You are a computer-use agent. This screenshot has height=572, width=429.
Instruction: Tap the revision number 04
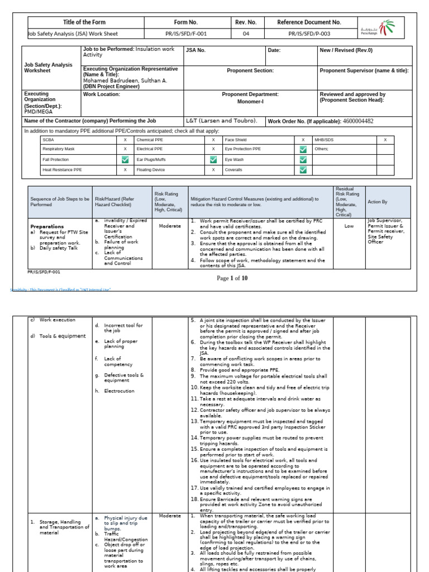[x=246, y=34]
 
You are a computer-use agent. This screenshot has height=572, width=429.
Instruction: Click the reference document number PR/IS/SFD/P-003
[x=309, y=34]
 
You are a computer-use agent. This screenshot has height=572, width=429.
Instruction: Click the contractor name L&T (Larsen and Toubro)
[x=222, y=121]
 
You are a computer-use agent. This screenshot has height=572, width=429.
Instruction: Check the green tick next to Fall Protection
[x=125, y=160]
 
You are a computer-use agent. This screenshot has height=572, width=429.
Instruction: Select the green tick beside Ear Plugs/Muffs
[x=213, y=160]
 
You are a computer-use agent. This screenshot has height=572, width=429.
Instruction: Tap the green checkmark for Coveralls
[x=303, y=170]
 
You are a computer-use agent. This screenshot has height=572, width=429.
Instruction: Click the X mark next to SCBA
[x=125, y=140]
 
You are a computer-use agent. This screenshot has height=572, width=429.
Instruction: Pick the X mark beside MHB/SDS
[x=385, y=140]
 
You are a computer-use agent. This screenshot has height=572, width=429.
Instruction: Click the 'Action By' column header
[x=378, y=202]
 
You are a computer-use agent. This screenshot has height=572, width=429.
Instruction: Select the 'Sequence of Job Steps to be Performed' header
[x=59, y=202]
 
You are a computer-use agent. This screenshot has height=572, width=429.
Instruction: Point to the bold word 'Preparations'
[x=47, y=227]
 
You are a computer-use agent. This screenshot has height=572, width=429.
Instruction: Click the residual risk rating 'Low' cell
[x=349, y=227]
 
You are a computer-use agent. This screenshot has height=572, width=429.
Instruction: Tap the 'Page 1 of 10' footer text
[x=231, y=278]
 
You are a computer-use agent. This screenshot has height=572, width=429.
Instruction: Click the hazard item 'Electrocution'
[x=119, y=391]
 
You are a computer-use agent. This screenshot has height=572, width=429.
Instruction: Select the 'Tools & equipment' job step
[x=63, y=336]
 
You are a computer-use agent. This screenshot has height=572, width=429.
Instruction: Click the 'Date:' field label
[x=274, y=50]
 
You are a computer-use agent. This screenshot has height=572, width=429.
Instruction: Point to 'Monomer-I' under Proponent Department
[x=250, y=103]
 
